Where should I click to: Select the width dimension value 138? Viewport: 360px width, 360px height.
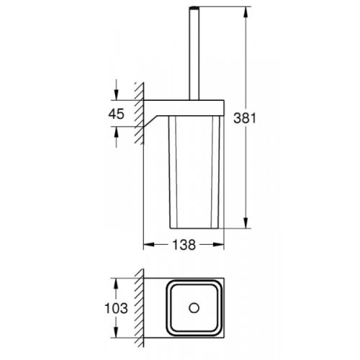pyautogui.click(x=184, y=245)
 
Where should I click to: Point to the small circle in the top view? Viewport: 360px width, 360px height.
pyautogui.click(x=192, y=308)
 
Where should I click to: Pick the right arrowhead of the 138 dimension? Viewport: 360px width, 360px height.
pyautogui.click(x=219, y=246)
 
